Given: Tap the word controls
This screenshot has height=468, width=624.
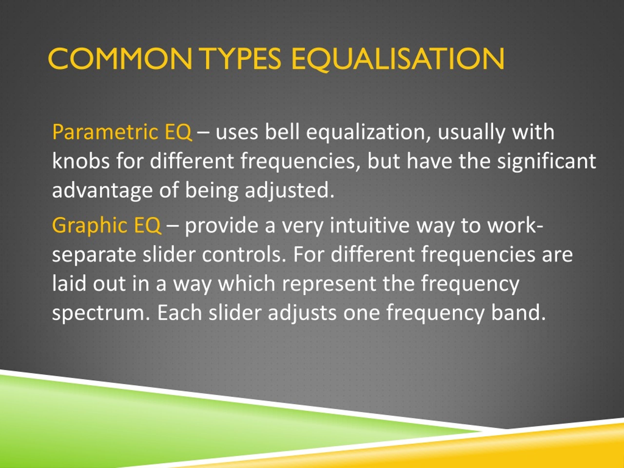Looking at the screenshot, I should tap(242, 255).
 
